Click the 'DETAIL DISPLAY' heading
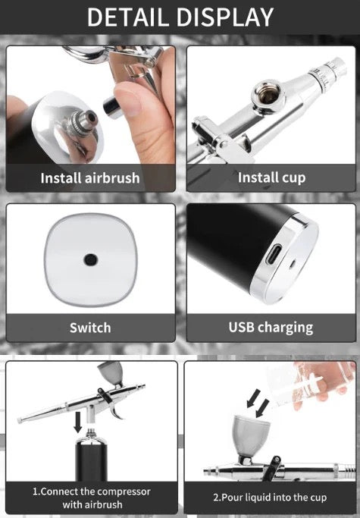pos(180,17)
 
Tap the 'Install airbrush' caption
pos(90,179)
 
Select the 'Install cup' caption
pos(271,178)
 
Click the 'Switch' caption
pos(90,328)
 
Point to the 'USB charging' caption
pos(271,328)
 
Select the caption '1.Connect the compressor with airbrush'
pos(91,498)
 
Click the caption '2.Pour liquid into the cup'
pos(270,498)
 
